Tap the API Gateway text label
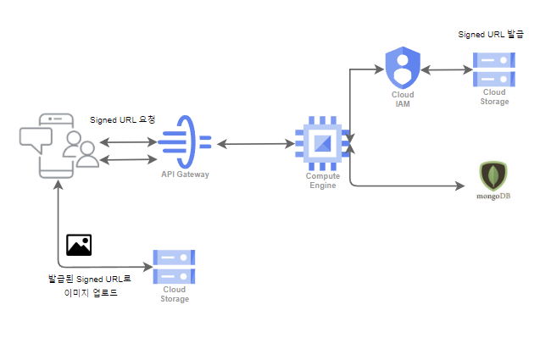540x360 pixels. pyautogui.click(x=185, y=174)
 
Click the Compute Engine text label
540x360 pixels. pyautogui.click(x=323, y=180)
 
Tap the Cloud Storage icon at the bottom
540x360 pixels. pyautogui.click(x=174, y=266)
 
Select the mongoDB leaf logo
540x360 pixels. pyautogui.click(x=493, y=175)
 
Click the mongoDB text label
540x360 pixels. pyautogui.click(x=494, y=196)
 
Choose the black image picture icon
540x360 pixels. pyautogui.click(x=79, y=245)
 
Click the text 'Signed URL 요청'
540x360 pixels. pyautogui.click(x=122, y=120)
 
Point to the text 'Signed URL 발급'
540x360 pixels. pyautogui.click(x=491, y=36)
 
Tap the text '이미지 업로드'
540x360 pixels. pyautogui.click(x=91, y=293)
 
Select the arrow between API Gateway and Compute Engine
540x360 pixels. pyautogui.click(x=250, y=145)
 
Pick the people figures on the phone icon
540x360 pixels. pyautogui.click(x=79, y=150)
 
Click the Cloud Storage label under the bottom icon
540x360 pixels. pyautogui.click(x=174, y=294)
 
